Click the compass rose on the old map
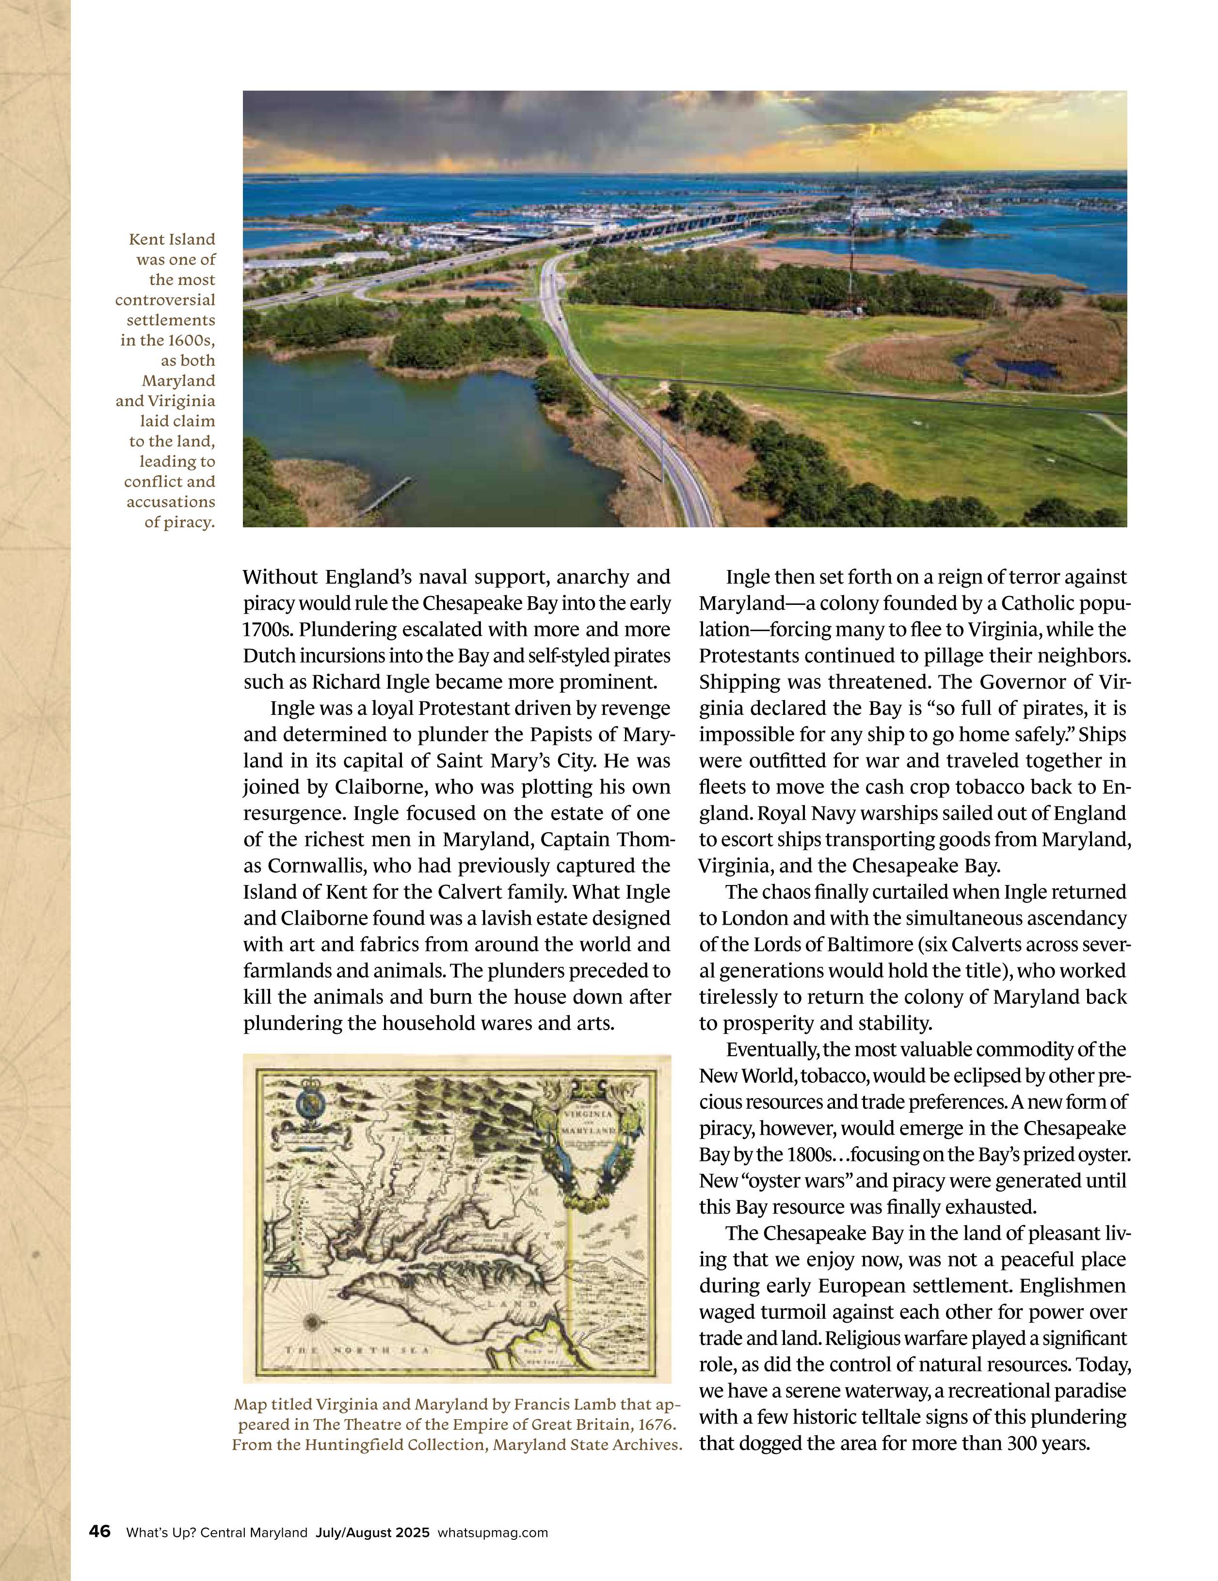[314, 1321]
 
